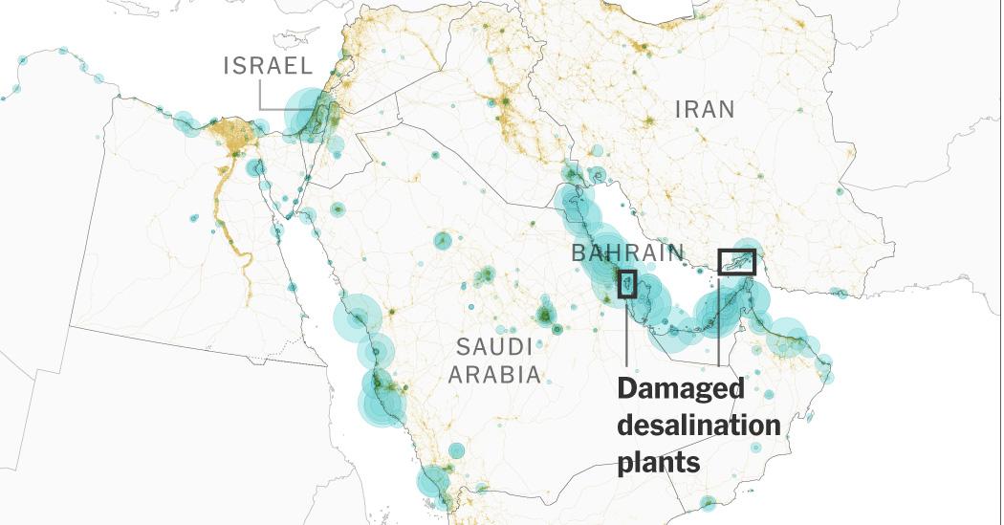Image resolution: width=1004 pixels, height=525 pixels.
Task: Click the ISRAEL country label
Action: (268, 66)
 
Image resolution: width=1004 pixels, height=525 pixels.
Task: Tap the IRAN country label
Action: (706, 109)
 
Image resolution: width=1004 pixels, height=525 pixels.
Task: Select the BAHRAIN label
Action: (627, 253)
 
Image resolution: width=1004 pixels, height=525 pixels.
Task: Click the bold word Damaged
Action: (680, 389)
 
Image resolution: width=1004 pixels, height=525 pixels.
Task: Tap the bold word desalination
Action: (698, 426)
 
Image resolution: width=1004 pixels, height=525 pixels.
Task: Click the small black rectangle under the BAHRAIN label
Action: (627, 284)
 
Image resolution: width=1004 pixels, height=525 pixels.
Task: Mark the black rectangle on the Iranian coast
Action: (736, 261)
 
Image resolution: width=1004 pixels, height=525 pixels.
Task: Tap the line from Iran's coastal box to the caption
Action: (718, 325)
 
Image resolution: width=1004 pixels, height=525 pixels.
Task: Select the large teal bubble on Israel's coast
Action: (308, 111)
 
